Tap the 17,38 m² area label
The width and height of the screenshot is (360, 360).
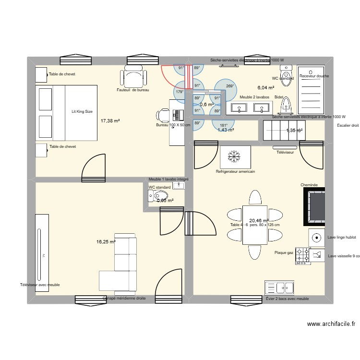(x=110, y=121)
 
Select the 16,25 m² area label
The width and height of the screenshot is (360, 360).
(x=106, y=242)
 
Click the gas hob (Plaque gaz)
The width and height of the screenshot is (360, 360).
(x=302, y=256)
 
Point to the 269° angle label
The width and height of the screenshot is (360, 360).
(x=229, y=86)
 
